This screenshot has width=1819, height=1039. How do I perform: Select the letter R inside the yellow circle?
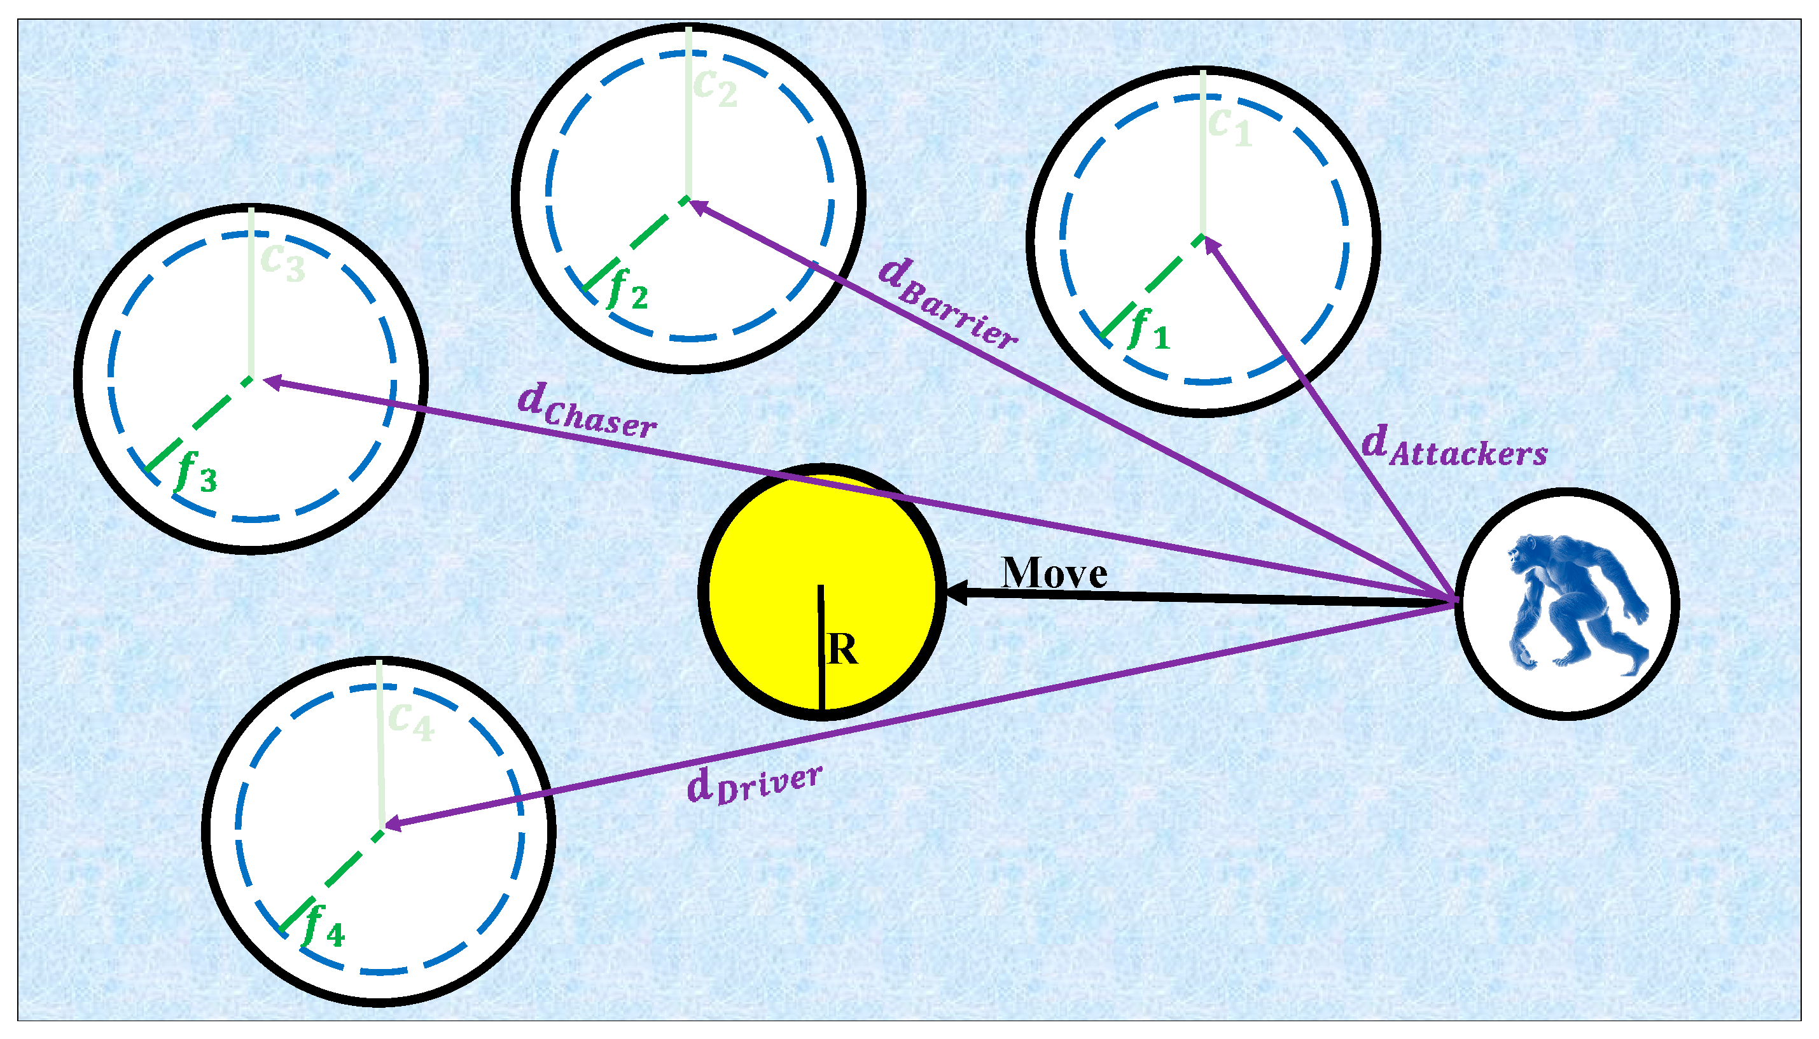842,650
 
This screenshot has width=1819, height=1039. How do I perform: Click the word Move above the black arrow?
1054,573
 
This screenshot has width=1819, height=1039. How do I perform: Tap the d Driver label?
753,784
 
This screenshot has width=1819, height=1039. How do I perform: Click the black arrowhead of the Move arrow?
956,592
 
